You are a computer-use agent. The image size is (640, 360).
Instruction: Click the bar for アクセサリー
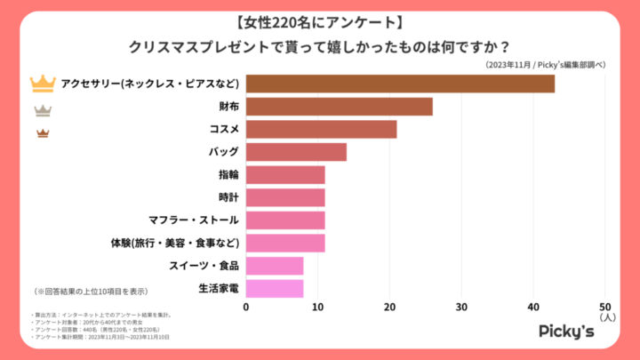point(400,84)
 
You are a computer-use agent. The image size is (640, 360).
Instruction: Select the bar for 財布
point(339,107)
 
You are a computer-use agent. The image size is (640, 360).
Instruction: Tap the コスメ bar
point(321,130)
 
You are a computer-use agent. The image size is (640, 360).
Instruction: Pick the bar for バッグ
point(296,152)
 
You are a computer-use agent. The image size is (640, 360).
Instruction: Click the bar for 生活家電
point(275,288)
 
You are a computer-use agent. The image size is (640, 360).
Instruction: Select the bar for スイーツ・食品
point(275,265)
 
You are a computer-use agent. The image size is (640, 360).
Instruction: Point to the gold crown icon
point(43,84)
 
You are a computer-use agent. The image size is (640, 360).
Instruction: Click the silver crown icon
point(43,110)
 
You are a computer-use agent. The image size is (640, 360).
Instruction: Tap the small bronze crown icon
point(43,133)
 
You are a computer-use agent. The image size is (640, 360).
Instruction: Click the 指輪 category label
point(228,174)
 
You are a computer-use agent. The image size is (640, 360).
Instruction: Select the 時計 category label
point(228,197)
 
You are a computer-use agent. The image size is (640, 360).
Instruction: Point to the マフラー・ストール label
point(194,220)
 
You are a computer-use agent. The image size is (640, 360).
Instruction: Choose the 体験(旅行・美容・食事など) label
point(174,242)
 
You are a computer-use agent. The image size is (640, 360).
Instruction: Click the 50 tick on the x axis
point(605,307)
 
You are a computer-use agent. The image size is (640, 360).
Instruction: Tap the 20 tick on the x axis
point(389,307)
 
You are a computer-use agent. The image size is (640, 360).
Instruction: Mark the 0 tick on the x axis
point(246,307)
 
